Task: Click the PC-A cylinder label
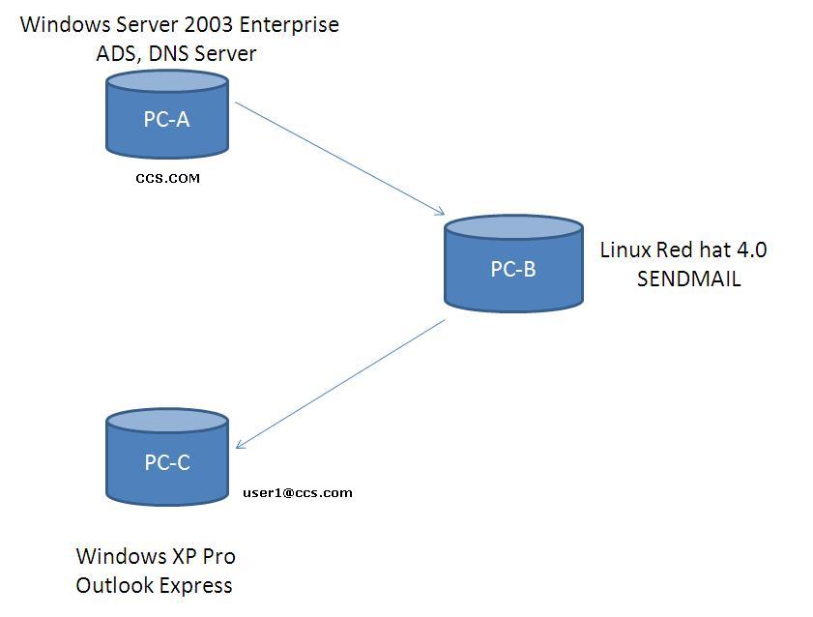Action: tap(166, 120)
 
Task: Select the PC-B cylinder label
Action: tap(512, 270)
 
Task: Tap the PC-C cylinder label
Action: tap(167, 463)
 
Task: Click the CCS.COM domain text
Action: tap(168, 178)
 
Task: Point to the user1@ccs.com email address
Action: tap(297, 492)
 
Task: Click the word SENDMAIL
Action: tap(688, 279)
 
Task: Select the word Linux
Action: tap(625, 250)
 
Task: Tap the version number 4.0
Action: tap(751, 250)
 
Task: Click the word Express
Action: tap(197, 585)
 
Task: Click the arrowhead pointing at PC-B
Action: tap(440, 212)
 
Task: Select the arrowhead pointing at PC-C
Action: tap(241, 445)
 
